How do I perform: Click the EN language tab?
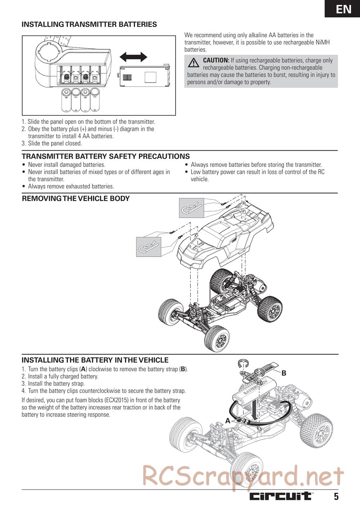(343, 9)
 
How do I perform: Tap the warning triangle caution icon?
(194, 63)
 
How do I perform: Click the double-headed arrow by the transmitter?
(133, 57)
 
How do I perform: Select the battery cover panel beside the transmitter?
(144, 76)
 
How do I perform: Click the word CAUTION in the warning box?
(216, 60)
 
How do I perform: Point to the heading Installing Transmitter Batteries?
(89, 24)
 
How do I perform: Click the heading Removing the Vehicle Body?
(76, 199)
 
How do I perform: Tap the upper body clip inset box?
(191, 208)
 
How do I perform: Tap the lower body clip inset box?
(148, 247)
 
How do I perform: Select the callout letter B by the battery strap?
(284, 373)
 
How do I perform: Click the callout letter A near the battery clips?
(228, 420)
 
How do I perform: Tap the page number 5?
(336, 497)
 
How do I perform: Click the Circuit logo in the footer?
(281, 496)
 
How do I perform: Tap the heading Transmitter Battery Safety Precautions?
(105, 156)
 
